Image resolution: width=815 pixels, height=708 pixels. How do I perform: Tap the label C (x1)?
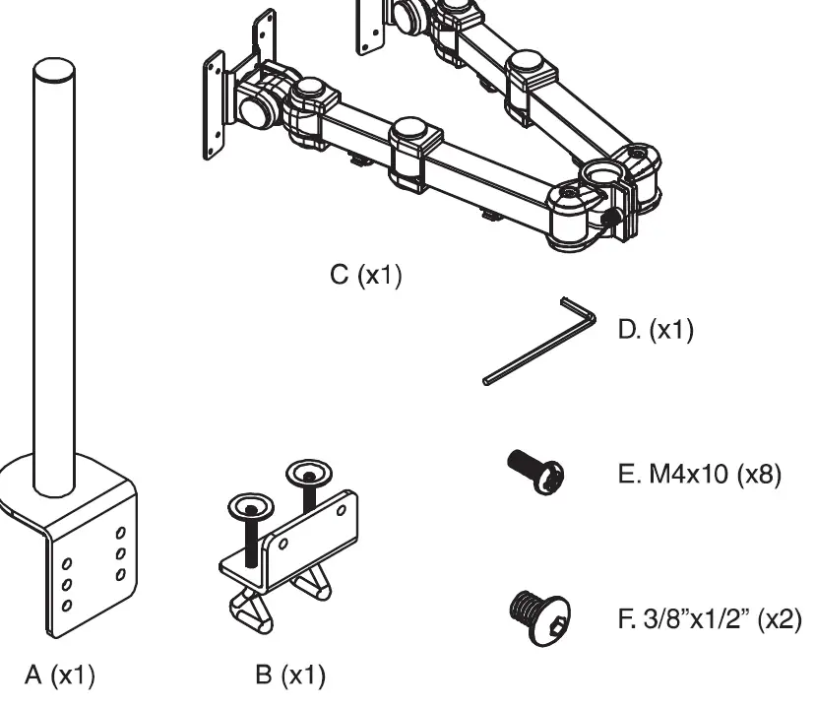pyautogui.click(x=365, y=276)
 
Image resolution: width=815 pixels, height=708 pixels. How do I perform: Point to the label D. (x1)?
pyautogui.click(x=656, y=330)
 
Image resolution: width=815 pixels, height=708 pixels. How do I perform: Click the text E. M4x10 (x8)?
pyautogui.click(x=689, y=477)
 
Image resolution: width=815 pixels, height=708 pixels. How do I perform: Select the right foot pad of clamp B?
pyautogui.click(x=317, y=587)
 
